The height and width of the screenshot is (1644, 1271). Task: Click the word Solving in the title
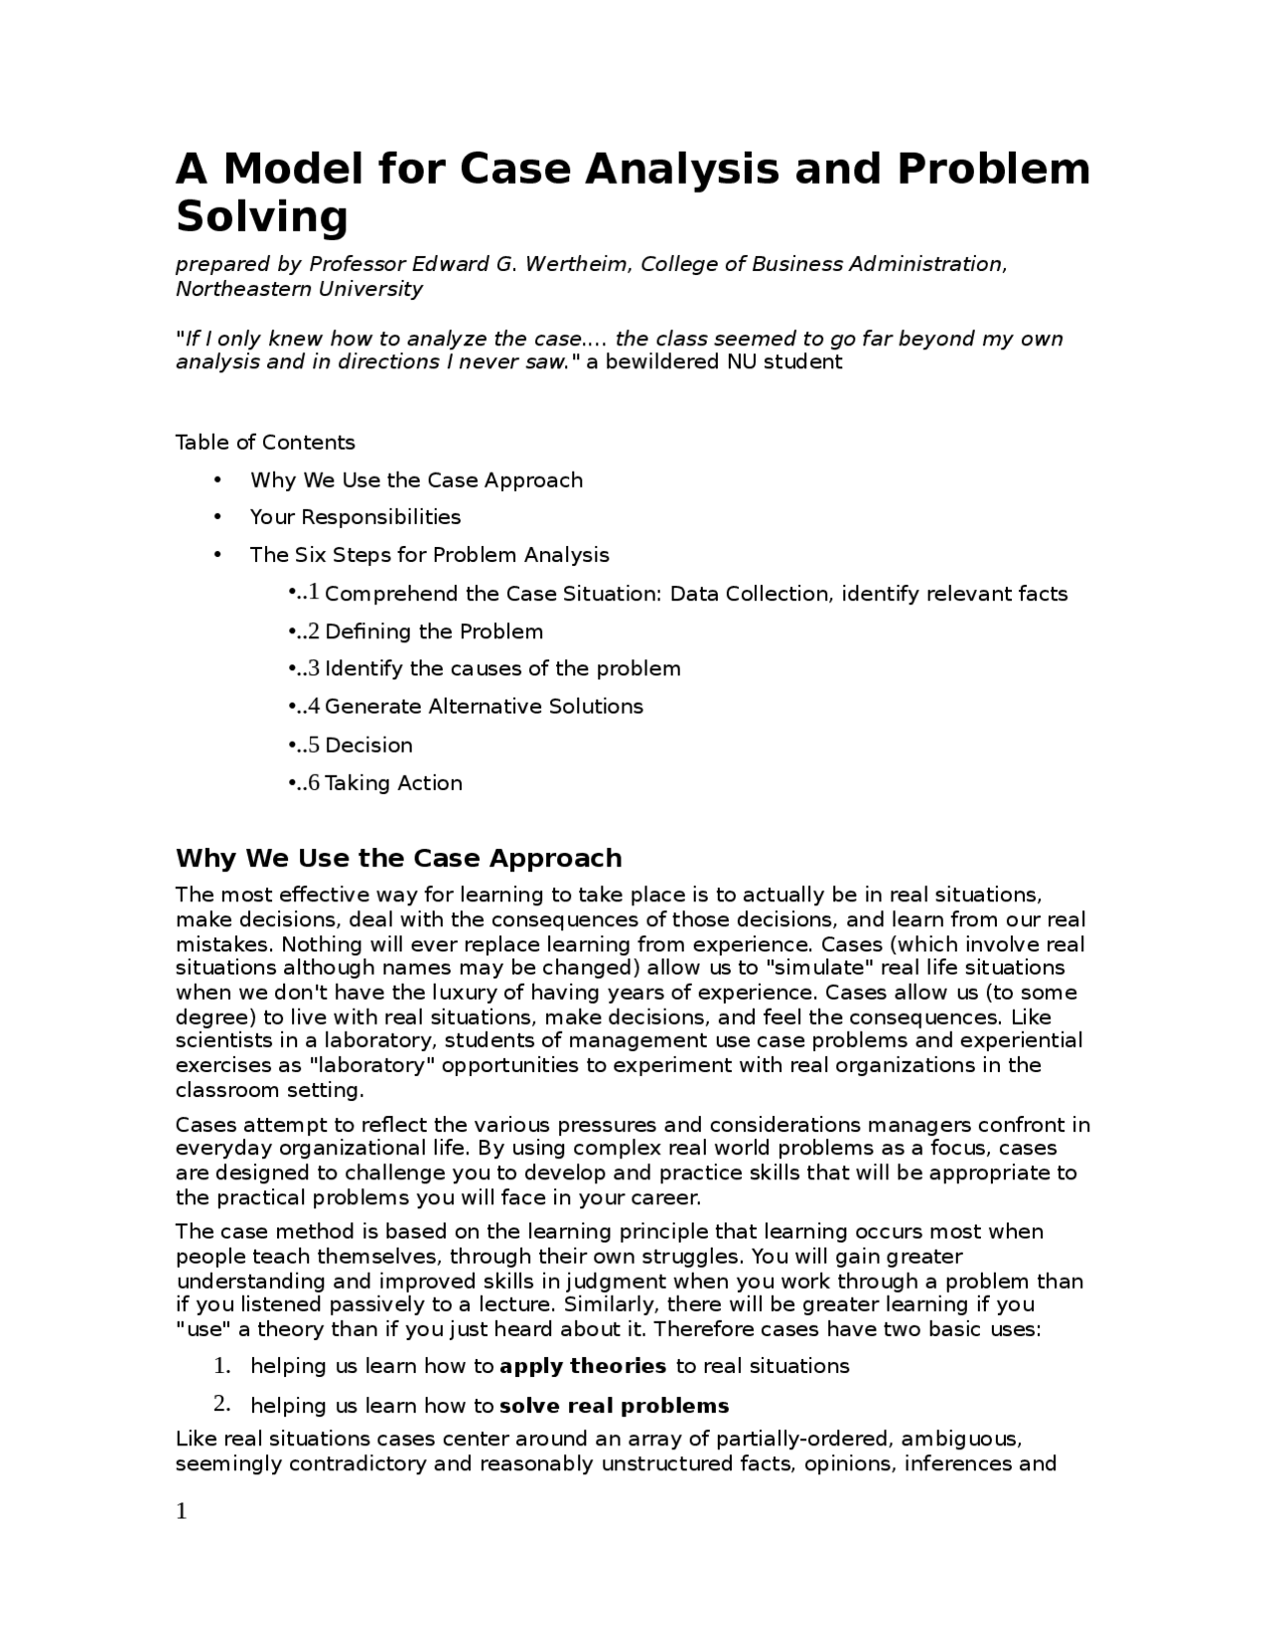[x=262, y=216]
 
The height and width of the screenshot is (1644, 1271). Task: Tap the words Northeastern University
[x=299, y=289]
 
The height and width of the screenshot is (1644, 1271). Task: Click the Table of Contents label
[x=265, y=443]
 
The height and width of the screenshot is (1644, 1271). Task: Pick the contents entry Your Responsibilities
[x=355, y=517]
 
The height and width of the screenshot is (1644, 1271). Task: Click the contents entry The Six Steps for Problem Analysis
[x=429, y=555]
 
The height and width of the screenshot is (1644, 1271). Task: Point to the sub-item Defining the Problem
[x=434, y=632]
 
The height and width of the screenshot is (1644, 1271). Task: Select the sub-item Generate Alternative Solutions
[x=484, y=707]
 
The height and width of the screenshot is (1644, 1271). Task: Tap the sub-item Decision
[x=368, y=746]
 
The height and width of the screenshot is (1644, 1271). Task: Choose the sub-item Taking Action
[x=393, y=783]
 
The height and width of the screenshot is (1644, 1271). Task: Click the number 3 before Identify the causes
[x=314, y=668]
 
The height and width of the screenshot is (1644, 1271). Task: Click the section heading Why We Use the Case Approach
[x=398, y=859]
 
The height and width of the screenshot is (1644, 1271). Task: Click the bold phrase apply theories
[x=583, y=1367]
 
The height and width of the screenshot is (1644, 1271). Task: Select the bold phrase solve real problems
[x=614, y=1407]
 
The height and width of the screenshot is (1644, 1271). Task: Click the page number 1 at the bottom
[x=182, y=1512]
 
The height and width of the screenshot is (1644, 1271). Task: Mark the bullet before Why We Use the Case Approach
[x=217, y=480]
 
